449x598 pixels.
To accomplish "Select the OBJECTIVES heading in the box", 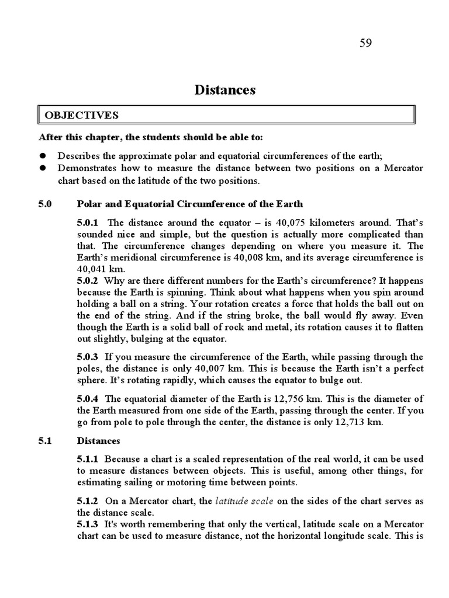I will coord(81,115).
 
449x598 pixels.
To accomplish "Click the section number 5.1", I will coord(46,441).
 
